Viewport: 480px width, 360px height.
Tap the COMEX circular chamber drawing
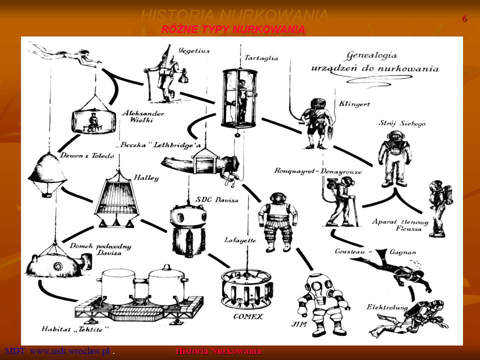click(247, 288)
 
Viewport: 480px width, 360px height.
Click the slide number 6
click(464, 19)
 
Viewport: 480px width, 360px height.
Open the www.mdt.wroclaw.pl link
click(69, 351)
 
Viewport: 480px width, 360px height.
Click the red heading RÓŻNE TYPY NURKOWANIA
click(233, 30)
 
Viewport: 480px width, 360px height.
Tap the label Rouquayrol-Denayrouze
click(318, 171)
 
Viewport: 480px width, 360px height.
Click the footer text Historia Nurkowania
click(218, 351)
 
